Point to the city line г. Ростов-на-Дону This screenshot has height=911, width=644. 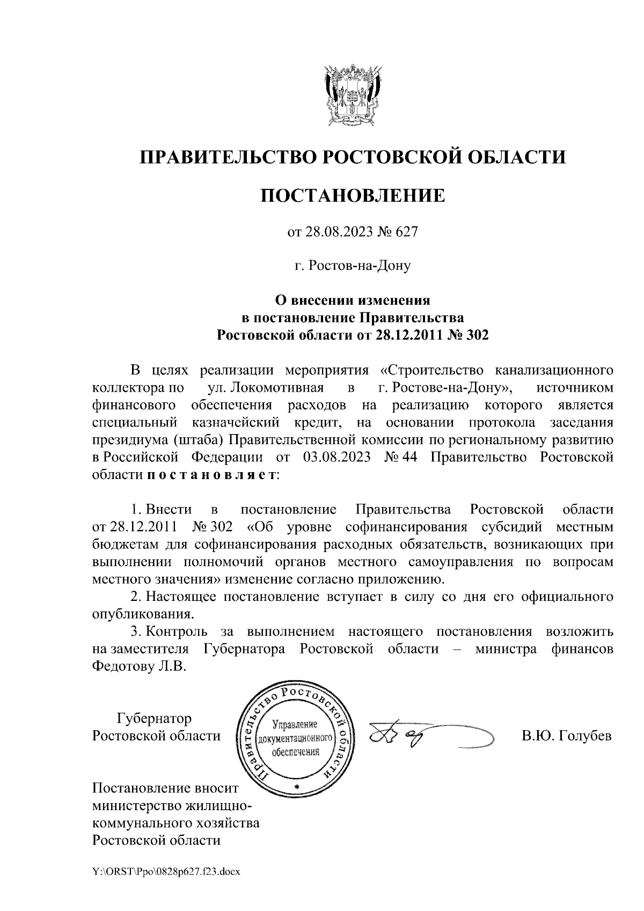tap(353, 266)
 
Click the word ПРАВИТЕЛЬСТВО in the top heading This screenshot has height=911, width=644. tap(225, 157)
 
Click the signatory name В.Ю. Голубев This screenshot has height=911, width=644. tap(567, 736)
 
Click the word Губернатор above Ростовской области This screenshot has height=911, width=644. tap(154, 718)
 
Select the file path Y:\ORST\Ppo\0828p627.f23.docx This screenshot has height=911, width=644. tap(167, 872)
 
